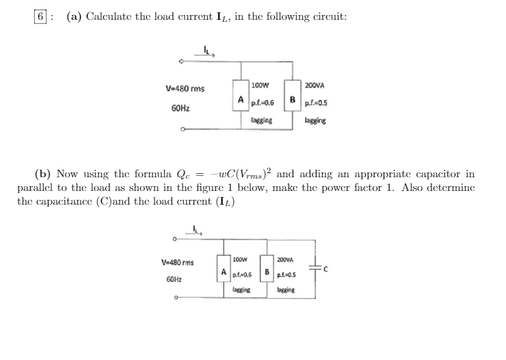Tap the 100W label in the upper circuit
[259, 86]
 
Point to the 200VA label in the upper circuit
[315, 86]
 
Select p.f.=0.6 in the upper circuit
[262, 103]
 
